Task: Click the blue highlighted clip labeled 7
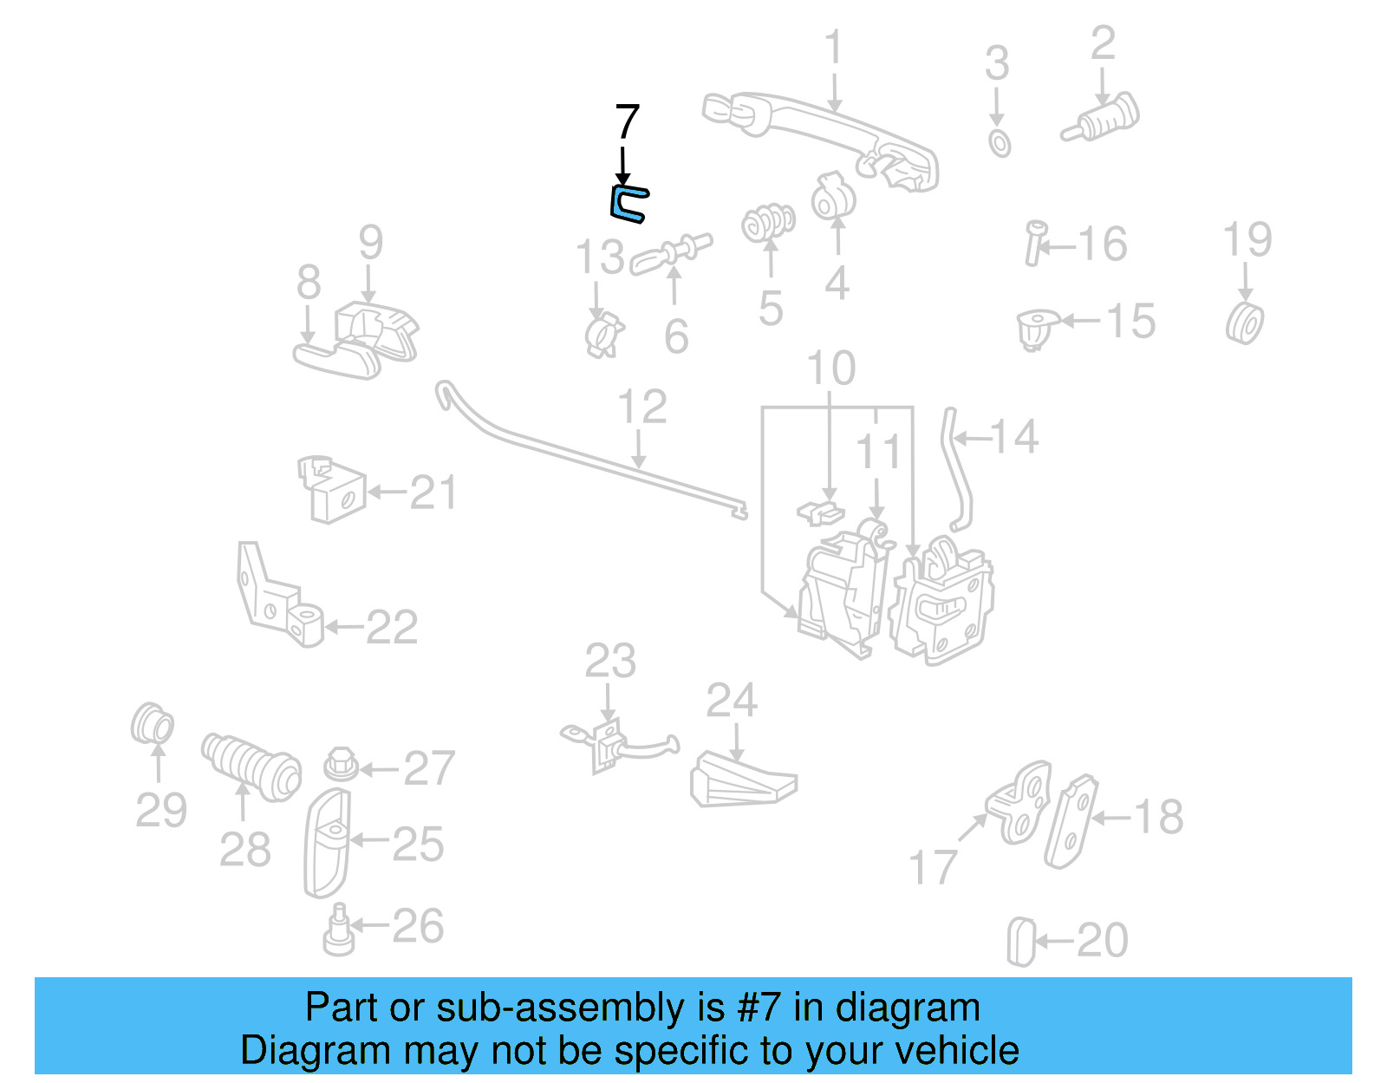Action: (627, 204)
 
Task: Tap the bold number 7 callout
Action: (627, 122)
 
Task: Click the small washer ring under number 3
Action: (999, 143)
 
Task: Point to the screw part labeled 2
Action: (1102, 119)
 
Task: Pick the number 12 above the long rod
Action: (641, 408)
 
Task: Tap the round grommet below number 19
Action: (1245, 323)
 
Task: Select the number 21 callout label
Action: (433, 493)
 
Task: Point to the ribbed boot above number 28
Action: (251, 766)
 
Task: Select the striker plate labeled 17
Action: (1020, 802)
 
